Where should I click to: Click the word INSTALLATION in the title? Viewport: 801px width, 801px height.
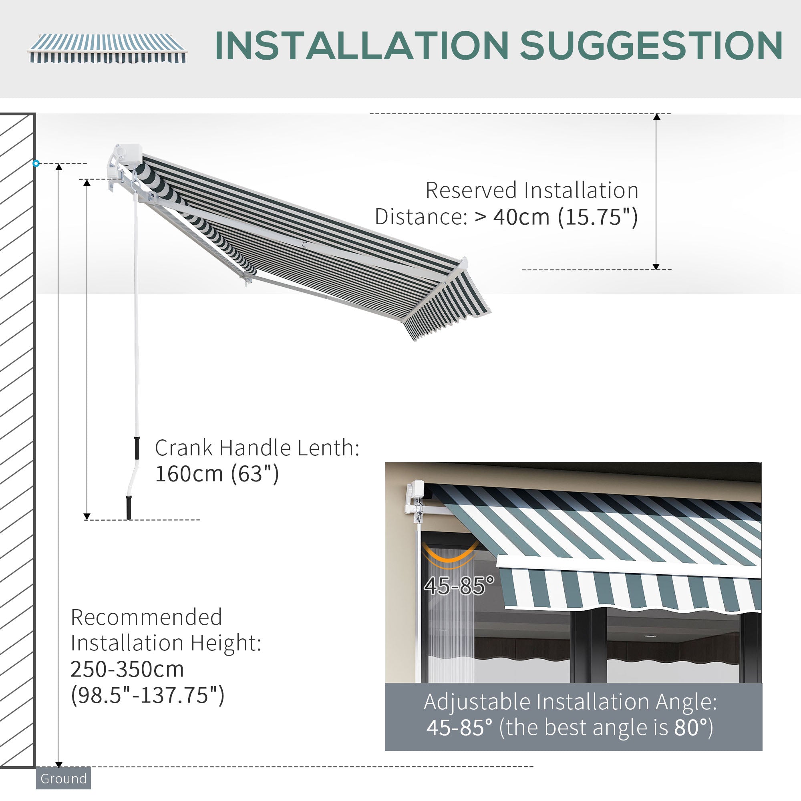pos(361,46)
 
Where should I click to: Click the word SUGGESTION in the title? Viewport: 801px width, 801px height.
pos(651,46)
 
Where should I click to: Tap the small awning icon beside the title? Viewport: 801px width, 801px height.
pos(107,48)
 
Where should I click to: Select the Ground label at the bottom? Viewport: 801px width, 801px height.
pos(63,779)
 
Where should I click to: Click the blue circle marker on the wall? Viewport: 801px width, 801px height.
pos(36,163)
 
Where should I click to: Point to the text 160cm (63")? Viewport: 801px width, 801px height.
pos(217,474)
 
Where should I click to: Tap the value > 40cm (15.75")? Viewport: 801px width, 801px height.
pos(555,217)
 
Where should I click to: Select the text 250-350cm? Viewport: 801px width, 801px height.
pos(127,669)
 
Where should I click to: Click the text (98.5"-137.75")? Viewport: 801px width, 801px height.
pos(147,695)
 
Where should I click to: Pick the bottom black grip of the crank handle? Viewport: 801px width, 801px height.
pos(129,507)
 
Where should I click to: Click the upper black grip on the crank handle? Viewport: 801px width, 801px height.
pos(137,448)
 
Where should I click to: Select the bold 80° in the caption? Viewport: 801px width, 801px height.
pos(690,728)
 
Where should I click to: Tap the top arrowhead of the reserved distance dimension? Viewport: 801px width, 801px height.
pos(657,117)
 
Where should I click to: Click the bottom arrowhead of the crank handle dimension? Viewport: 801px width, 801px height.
pos(87,516)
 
